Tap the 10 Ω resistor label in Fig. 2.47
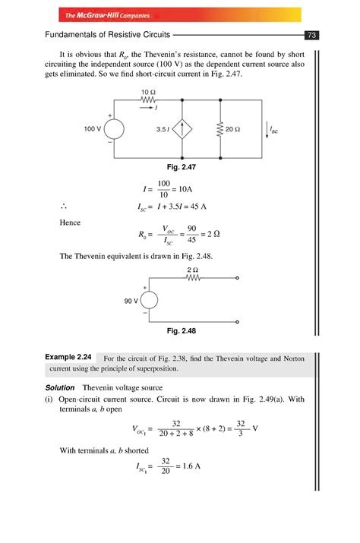[x=149, y=93]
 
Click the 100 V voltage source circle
[x=114, y=130]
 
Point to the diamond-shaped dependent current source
[x=183, y=130]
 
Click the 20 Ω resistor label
[x=232, y=130]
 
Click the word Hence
[x=71, y=223]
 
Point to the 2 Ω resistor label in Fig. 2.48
[x=192, y=270]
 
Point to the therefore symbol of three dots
[x=63, y=205]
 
